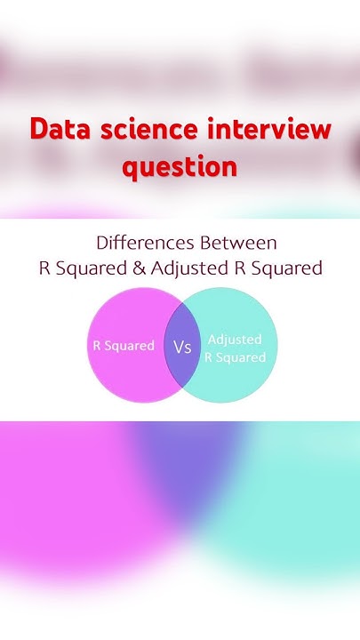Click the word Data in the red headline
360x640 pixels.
coord(60,130)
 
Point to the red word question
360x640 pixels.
coord(180,166)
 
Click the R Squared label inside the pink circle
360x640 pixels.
coord(124,346)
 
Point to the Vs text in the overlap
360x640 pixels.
coord(182,347)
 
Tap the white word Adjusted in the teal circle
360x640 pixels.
coord(235,339)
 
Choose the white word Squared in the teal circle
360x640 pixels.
coord(242,357)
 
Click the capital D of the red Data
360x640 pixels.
coord(37,130)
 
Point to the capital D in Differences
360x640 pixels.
coord(100,243)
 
